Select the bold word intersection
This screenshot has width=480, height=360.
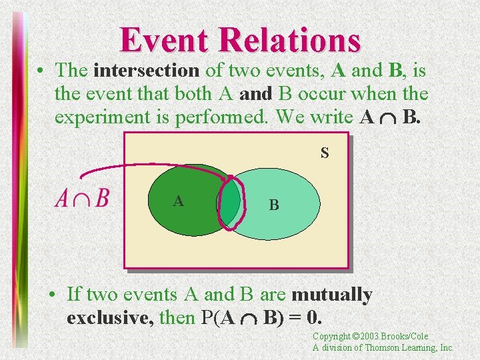tap(146, 70)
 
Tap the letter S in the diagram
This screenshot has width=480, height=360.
tap(325, 153)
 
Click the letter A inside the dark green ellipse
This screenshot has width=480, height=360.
tap(178, 201)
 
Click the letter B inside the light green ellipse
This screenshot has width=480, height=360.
tap(273, 205)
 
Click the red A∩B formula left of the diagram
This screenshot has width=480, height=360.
tap(83, 198)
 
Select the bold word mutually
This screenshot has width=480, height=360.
tap(331, 294)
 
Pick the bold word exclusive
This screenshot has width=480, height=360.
tap(109, 317)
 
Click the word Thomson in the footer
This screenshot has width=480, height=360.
tap(378, 347)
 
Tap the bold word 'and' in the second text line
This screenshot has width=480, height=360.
tap(256, 94)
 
